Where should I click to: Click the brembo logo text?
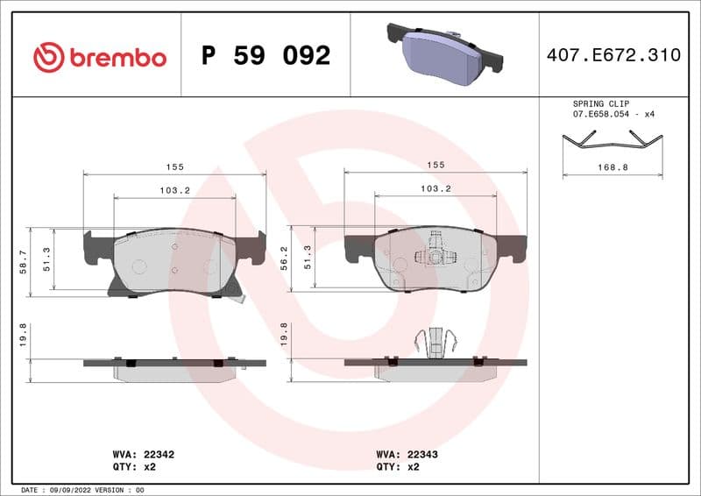tap(117, 58)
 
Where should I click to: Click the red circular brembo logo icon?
tap(49, 57)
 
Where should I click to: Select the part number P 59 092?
tap(266, 56)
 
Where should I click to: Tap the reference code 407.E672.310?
tap(612, 55)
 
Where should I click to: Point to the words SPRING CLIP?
tap(600, 103)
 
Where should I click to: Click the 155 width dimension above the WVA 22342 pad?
tap(173, 165)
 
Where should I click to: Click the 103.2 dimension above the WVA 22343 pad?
tap(435, 188)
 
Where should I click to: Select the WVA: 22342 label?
tap(138, 455)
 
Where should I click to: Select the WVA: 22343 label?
tap(400, 455)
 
